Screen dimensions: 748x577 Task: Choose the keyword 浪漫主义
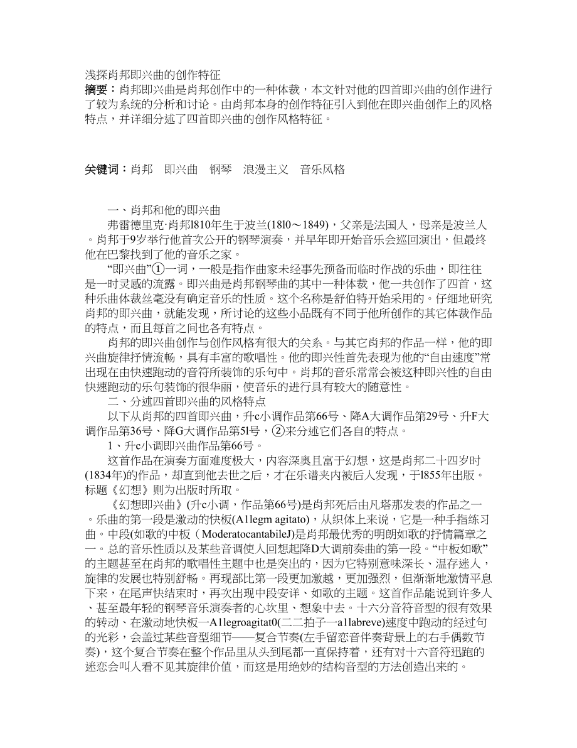point(265,170)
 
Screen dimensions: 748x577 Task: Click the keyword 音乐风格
point(322,170)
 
